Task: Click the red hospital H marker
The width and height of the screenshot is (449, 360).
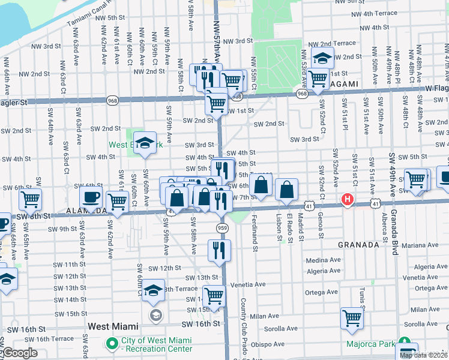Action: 346,200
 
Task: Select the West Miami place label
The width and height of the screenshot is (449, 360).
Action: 113,326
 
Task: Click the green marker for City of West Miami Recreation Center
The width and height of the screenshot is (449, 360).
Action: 112,344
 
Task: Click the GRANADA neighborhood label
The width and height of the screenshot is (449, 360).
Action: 358,245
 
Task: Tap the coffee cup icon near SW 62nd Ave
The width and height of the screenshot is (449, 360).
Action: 91,196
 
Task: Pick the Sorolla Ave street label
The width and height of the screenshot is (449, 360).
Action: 283,328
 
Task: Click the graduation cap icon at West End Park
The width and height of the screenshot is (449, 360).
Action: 144,143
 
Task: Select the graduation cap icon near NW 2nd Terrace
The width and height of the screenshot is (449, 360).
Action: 322,59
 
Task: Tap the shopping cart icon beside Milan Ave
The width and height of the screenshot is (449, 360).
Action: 352,319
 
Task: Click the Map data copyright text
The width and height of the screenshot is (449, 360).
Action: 423,355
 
